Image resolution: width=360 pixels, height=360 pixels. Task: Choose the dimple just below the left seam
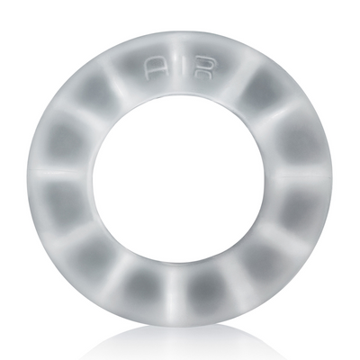[x=65, y=205]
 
